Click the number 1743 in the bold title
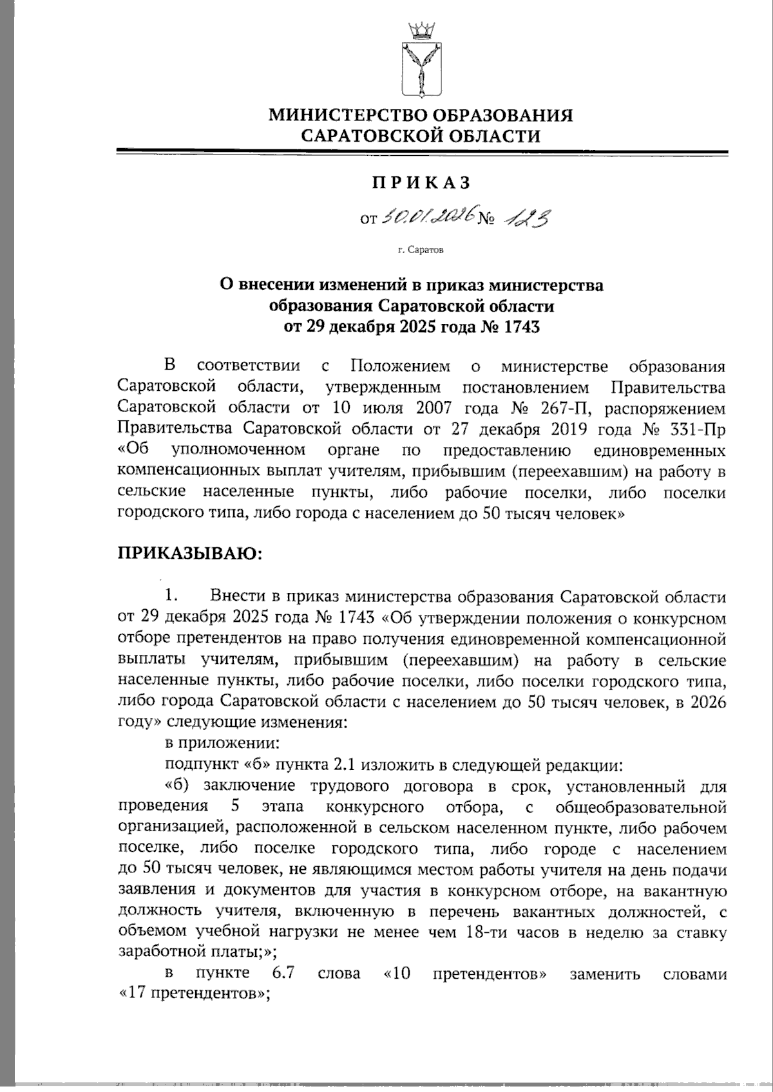[x=517, y=327]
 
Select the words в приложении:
[x=222, y=744]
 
